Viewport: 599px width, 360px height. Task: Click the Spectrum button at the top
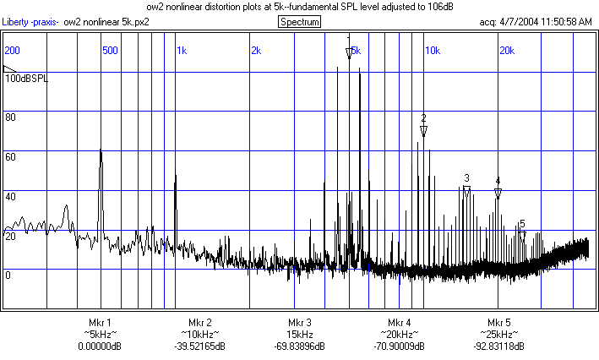[300, 21]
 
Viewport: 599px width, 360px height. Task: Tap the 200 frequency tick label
[13, 51]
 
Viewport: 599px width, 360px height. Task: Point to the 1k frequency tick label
[182, 51]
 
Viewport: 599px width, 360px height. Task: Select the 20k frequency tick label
[508, 51]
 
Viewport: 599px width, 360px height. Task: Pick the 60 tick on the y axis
[11, 157]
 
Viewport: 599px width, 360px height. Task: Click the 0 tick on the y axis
[8, 275]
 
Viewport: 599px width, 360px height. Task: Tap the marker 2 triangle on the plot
[424, 131]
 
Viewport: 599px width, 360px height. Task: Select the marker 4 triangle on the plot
[498, 194]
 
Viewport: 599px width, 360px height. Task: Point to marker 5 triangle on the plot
[523, 236]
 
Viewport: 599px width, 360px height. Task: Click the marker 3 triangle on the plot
[466, 192]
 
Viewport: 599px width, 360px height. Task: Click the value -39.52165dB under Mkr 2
[200, 346]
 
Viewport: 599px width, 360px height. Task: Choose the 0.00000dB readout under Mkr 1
[100, 346]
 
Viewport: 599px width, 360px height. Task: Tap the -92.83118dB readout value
[499, 346]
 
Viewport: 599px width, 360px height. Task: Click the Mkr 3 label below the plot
[300, 323]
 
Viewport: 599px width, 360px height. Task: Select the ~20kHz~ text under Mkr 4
[400, 335]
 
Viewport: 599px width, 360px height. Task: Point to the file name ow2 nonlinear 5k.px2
[112, 22]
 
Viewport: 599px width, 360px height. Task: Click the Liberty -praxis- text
[30, 22]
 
